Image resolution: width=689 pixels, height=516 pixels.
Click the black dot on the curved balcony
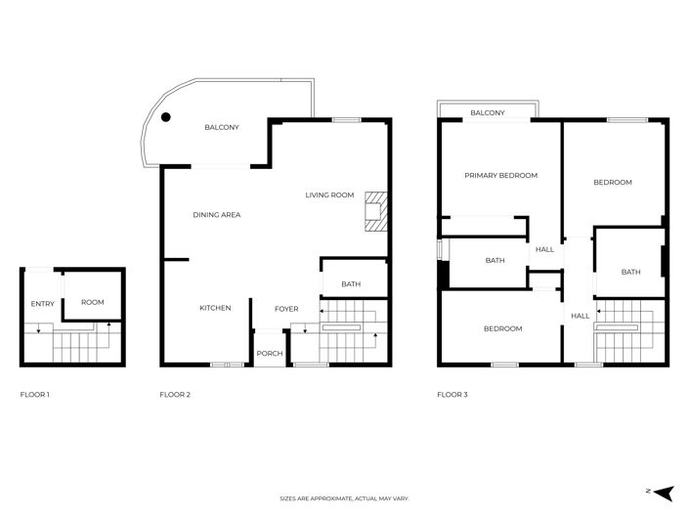tap(166, 117)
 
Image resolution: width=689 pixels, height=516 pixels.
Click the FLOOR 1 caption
tap(35, 395)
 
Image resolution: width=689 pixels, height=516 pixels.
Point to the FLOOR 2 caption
tap(175, 395)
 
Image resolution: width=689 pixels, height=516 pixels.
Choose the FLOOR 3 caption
tap(452, 395)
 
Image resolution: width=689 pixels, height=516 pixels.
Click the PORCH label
tap(269, 354)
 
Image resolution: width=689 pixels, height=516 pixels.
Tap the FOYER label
tap(285, 309)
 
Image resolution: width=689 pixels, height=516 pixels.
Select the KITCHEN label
tap(215, 308)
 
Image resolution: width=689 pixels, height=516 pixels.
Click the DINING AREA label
tap(216, 215)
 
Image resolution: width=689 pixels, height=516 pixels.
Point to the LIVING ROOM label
tap(329, 195)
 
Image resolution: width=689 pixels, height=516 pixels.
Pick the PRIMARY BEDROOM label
tap(500, 176)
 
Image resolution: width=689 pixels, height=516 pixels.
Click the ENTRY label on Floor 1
tap(42, 304)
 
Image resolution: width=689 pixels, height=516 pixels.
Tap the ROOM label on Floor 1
tap(92, 303)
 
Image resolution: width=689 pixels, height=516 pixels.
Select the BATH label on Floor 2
tap(350, 284)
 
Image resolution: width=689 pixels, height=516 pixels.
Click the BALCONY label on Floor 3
tap(488, 113)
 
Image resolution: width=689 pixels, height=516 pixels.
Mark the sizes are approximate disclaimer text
tap(344, 498)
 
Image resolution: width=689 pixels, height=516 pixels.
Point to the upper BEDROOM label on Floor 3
tap(613, 183)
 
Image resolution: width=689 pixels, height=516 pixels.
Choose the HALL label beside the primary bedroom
tap(544, 249)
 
